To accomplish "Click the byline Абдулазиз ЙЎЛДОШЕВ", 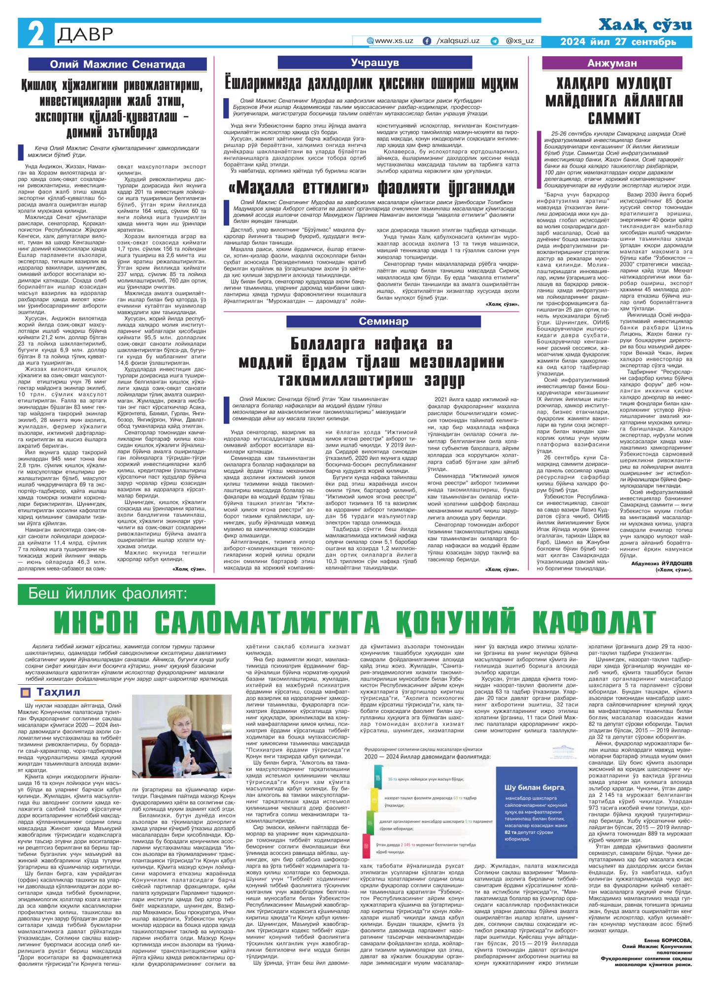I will coord(662,563).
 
